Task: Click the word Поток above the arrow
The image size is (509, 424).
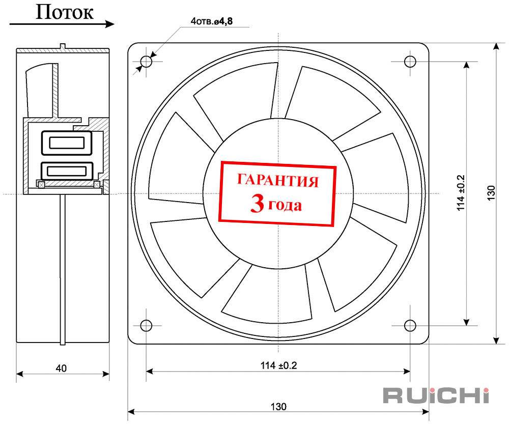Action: [64, 12]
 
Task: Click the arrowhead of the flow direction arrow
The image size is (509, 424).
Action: [110, 24]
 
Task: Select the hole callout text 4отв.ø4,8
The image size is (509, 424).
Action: [212, 21]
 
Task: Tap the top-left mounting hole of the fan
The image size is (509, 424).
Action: [146, 62]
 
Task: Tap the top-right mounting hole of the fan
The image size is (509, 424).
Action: [410, 62]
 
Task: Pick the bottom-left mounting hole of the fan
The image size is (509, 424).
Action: [146, 325]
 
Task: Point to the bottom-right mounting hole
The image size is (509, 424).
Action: [410, 325]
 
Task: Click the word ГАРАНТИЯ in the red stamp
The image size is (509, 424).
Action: [278, 181]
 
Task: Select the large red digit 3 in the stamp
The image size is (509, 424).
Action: [257, 204]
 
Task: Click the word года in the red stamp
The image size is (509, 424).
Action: [285, 205]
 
